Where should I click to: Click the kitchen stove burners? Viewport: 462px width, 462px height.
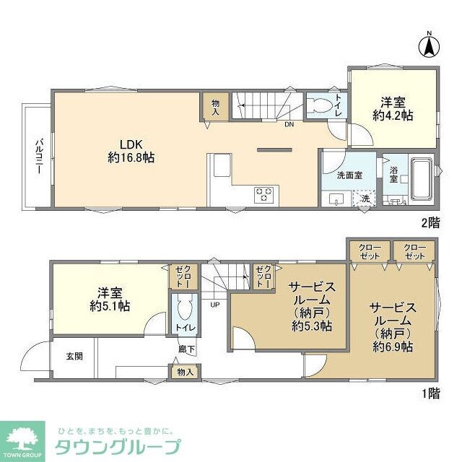264,194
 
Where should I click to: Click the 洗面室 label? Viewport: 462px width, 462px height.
348,175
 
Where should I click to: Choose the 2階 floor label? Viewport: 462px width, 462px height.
431,225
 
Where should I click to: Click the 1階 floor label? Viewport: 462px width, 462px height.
431,394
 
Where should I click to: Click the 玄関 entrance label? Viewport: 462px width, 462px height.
74,356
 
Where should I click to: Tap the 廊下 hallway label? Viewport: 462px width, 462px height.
186,350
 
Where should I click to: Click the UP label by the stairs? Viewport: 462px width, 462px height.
214,305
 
